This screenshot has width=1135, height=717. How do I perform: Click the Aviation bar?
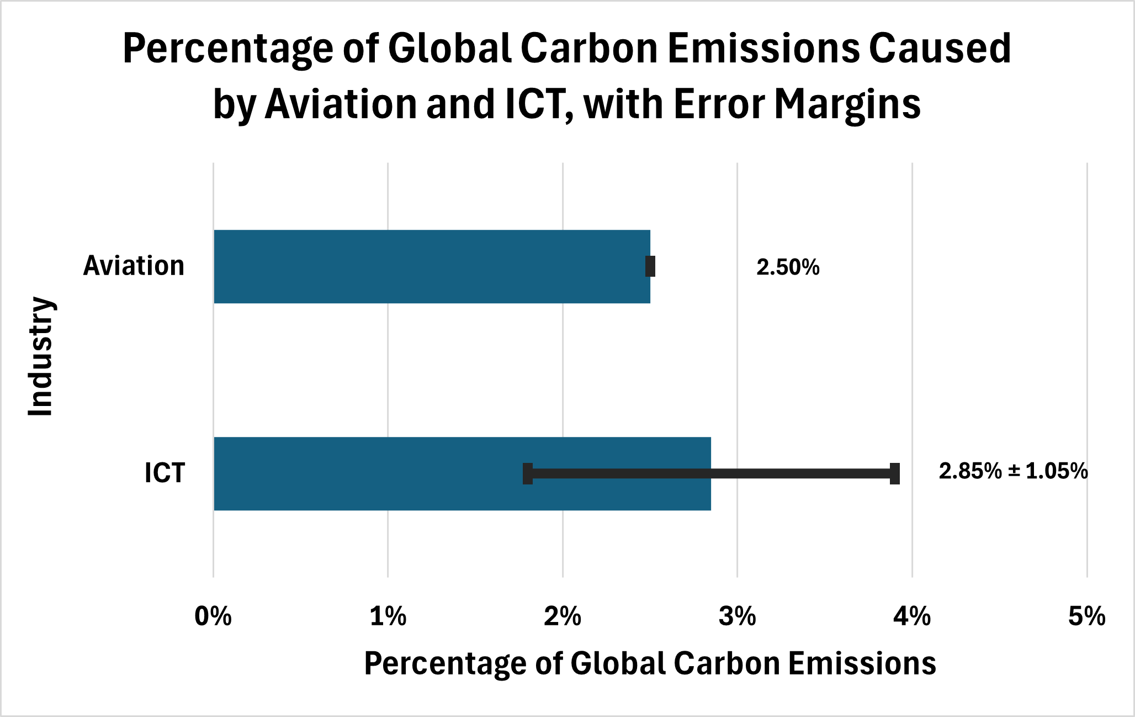click(x=431, y=267)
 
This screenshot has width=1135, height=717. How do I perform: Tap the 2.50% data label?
click(x=788, y=268)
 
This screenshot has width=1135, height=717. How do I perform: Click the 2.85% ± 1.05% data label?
click(x=1013, y=471)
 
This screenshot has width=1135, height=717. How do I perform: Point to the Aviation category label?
click(x=134, y=266)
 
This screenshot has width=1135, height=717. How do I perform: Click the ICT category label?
click(x=165, y=473)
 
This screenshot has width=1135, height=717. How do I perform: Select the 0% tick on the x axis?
click(x=213, y=616)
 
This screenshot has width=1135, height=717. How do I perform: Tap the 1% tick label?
click(x=388, y=616)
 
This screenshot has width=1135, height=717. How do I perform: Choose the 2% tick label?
click(x=563, y=616)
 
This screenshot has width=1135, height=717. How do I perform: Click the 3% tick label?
click(x=738, y=616)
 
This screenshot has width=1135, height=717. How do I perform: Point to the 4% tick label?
click(x=912, y=616)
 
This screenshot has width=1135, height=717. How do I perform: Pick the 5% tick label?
click(x=1086, y=616)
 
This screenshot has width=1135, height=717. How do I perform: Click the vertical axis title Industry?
click(x=41, y=357)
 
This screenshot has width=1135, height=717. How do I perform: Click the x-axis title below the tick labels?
click(x=650, y=663)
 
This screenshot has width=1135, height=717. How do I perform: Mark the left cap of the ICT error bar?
click(x=528, y=474)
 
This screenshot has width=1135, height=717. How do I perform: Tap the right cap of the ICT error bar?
click(x=895, y=474)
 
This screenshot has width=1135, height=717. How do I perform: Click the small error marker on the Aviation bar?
click(x=650, y=267)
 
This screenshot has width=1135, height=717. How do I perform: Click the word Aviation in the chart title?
click(x=341, y=104)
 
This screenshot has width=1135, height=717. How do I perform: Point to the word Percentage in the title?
click(x=227, y=49)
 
